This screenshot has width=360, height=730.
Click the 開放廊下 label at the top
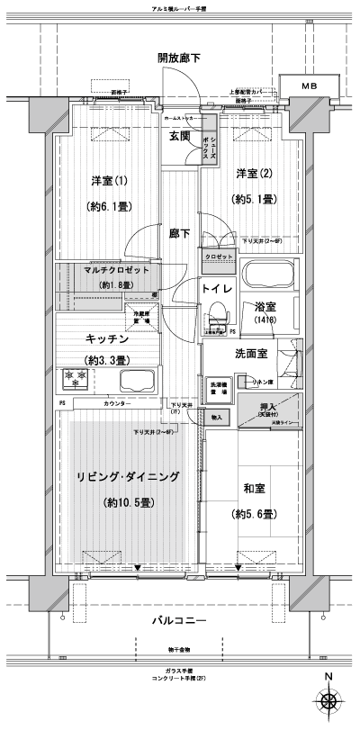pos(178,58)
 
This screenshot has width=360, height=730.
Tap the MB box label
pos(309,86)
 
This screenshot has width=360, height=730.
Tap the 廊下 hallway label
pos(179,233)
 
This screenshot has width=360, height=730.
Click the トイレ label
pos(218,289)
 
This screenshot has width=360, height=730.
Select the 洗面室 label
pos(250,354)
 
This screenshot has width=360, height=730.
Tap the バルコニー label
pos(180,622)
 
